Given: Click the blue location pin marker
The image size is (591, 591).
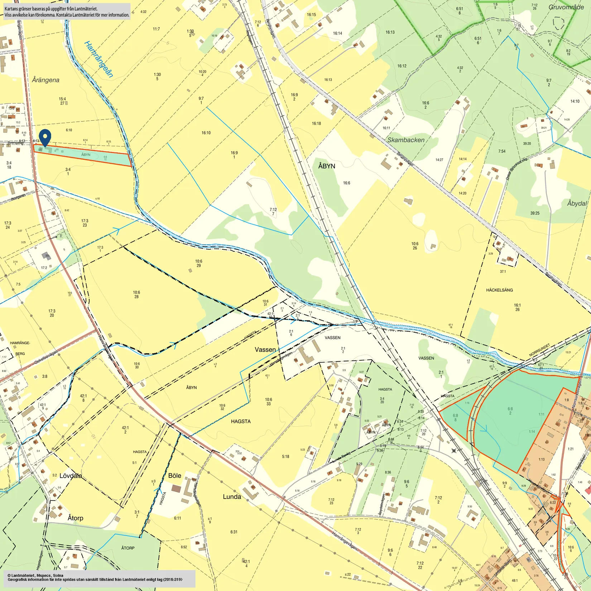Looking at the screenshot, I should click(x=45, y=137).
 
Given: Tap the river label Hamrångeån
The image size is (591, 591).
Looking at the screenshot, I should click(x=98, y=59).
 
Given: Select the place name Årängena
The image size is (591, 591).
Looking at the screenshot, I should click(x=45, y=80).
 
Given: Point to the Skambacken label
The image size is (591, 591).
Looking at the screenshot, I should click(x=406, y=140).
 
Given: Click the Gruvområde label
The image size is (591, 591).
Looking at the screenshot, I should click(x=566, y=7).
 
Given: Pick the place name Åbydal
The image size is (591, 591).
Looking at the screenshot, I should click(x=577, y=203).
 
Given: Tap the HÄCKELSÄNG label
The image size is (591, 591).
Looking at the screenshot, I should click(x=499, y=290).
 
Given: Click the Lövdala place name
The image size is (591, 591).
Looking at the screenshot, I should click(x=71, y=476).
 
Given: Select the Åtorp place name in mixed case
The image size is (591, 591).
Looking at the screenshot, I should click(x=75, y=518).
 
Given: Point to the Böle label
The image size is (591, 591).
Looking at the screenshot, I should click(x=174, y=476).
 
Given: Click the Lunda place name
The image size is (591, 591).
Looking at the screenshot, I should click(x=232, y=497).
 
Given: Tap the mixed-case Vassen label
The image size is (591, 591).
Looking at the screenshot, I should click(x=265, y=350).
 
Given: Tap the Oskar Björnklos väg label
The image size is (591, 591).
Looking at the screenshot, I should click(x=516, y=168).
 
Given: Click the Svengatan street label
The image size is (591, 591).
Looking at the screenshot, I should click(x=16, y=143).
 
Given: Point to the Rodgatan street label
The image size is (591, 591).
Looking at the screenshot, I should click(x=18, y=197).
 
